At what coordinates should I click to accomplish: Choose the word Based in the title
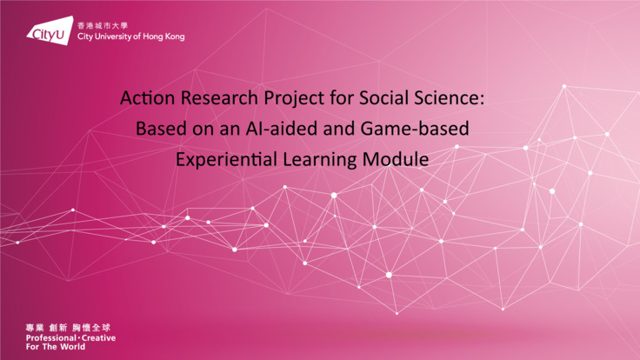pos(157,130)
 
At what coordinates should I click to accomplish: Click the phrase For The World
pos(57,346)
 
